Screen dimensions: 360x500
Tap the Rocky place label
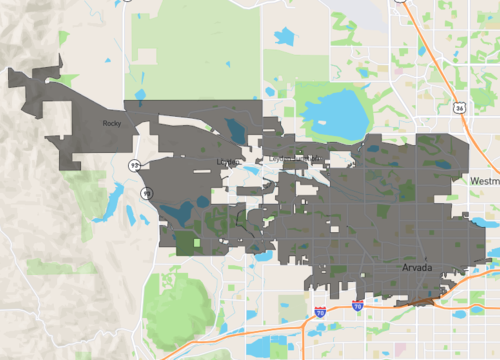pyautogui.click(x=111, y=123)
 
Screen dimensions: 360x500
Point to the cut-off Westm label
pyautogui.click(x=484, y=181)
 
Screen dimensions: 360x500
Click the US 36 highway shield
pyautogui.click(x=458, y=105)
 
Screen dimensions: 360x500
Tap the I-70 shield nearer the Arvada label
pyautogui.click(x=357, y=306)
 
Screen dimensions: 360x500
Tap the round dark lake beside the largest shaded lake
pyautogui.click(x=204, y=200)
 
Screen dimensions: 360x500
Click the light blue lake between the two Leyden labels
pyautogui.click(x=254, y=171)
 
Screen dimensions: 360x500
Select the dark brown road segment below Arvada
pyautogui.click(x=420, y=297)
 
